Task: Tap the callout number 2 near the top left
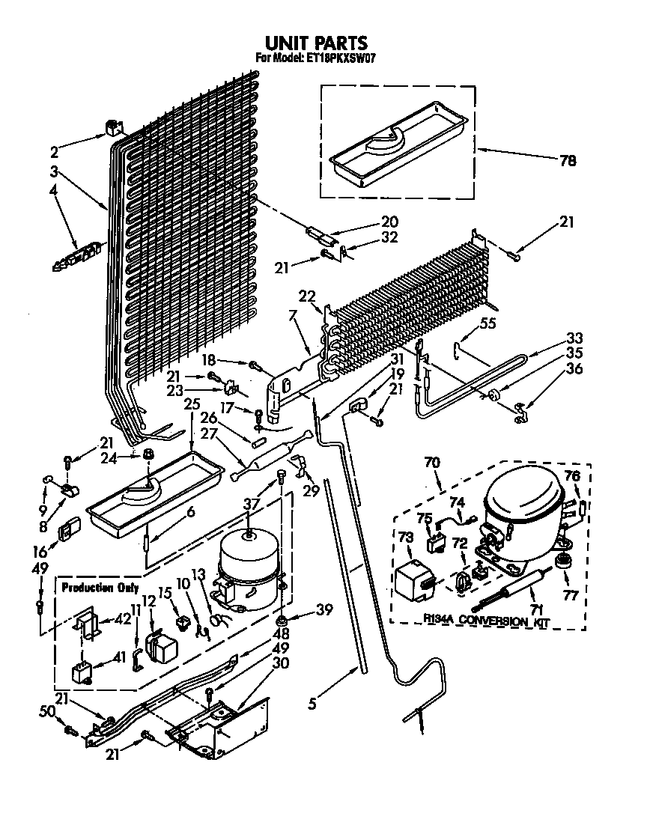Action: (75, 148)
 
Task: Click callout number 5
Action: (312, 703)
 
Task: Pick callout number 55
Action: (488, 325)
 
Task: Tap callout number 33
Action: (574, 338)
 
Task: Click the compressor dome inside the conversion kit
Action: (523, 498)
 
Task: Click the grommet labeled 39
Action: (282, 621)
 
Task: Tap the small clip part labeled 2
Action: (114, 128)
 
